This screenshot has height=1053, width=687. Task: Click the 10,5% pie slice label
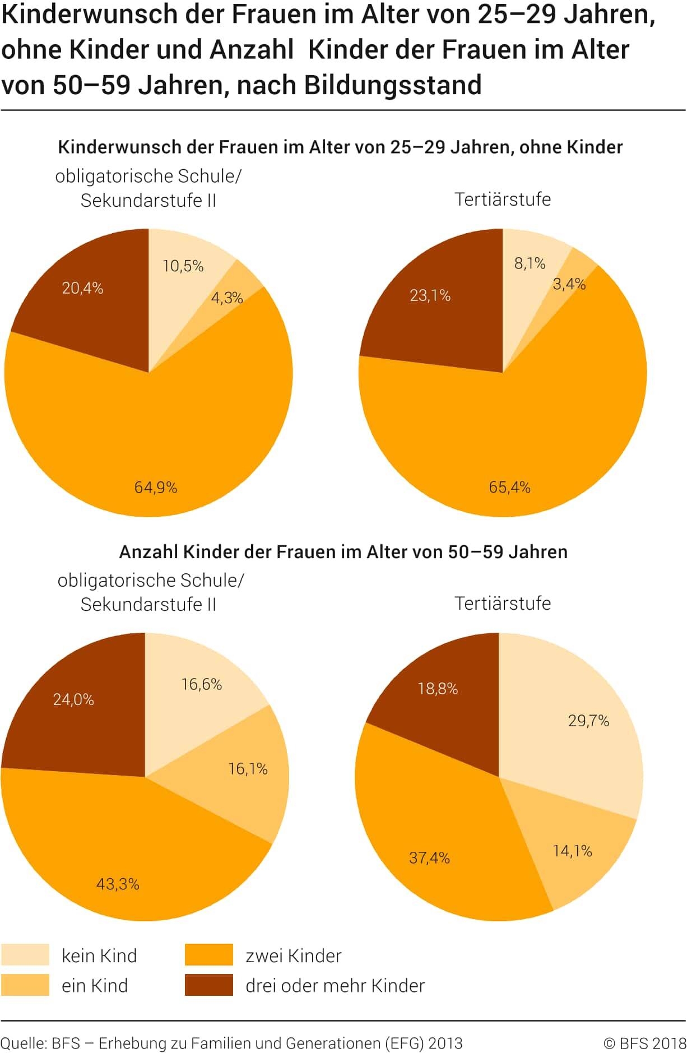pyautogui.click(x=183, y=266)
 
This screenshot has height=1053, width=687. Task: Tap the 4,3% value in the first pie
pyautogui.click(x=227, y=298)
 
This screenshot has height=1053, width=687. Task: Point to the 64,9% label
pyautogui.click(x=156, y=488)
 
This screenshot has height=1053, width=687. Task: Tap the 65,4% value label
pyautogui.click(x=509, y=487)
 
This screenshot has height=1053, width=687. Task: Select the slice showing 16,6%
pyautogui.click(x=202, y=684)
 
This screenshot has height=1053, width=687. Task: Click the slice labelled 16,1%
pyautogui.click(x=248, y=768)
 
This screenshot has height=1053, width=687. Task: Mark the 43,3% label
pyautogui.click(x=118, y=884)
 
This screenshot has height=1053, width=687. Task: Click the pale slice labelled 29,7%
pyautogui.click(x=588, y=721)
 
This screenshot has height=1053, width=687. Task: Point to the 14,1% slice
pyautogui.click(x=572, y=851)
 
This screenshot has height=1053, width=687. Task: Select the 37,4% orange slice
pyautogui.click(x=429, y=857)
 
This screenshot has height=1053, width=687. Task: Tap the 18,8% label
pyautogui.click(x=438, y=688)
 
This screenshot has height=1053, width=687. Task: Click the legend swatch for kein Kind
pyautogui.click(x=25, y=955)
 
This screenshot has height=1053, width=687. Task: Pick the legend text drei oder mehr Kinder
pyautogui.click(x=335, y=985)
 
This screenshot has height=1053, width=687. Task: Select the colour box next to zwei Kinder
pyautogui.click(x=208, y=955)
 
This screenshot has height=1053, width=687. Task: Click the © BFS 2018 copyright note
pyautogui.click(x=644, y=1043)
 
